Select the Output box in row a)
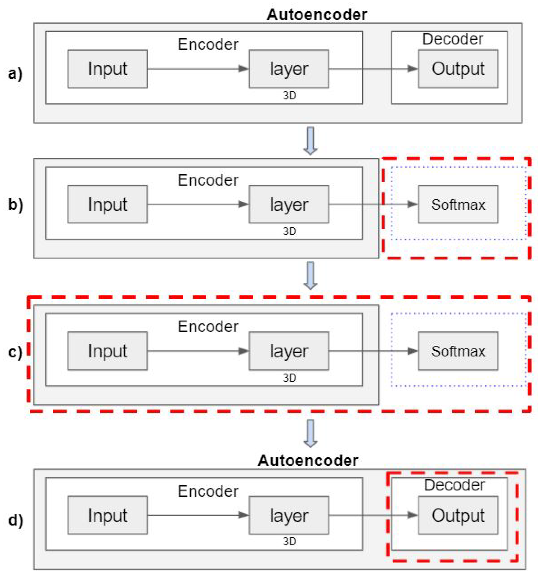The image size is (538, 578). coord(458,69)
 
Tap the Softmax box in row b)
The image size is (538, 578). coord(458,204)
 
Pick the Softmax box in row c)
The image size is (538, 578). coord(458,351)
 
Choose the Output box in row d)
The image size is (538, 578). coord(458,515)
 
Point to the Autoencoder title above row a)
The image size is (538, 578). coord(317,15)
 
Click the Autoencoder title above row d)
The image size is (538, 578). coord(307,461)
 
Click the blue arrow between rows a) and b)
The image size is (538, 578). coord(310,141)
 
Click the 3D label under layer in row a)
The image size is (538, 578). coord(289,96)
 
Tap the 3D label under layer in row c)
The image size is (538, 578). coord(289,378)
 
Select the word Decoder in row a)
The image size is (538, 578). coord(452,39)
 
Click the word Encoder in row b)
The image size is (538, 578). coord(208,180)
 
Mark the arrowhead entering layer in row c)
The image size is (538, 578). coord(243,351)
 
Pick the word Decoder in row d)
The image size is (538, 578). coord(454,485)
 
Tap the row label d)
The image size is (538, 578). coord(15,520)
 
